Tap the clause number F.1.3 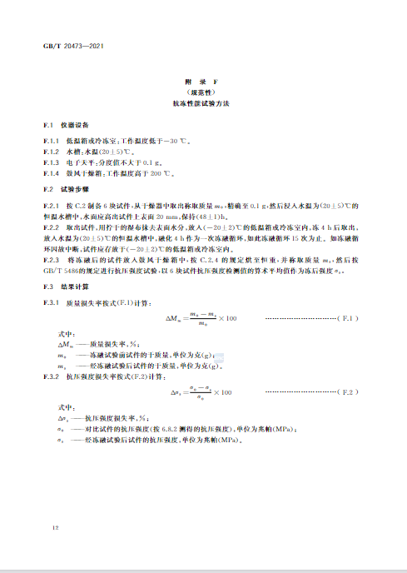click(x=52, y=162)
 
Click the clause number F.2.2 click(x=52, y=227)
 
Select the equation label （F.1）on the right click(x=347, y=319)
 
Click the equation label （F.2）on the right click(x=347, y=391)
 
